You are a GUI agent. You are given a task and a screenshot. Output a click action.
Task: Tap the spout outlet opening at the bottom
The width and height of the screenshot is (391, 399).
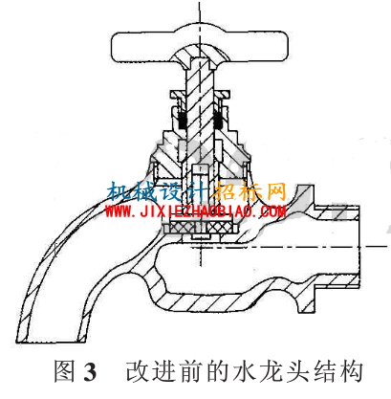point(52,341)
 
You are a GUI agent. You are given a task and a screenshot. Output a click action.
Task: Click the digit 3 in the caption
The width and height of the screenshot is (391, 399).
point(90,372)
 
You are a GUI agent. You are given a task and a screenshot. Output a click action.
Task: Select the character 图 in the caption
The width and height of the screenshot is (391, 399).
point(65,371)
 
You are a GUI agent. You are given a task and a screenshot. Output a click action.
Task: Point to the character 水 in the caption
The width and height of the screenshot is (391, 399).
point(246,371)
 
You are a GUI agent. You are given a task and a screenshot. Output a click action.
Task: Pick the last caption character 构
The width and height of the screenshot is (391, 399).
point(351,371)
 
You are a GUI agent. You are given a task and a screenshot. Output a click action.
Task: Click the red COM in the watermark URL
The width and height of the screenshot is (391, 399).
point(273,211)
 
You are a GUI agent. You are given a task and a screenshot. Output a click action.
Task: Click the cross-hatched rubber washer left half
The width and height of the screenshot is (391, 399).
point(178,228)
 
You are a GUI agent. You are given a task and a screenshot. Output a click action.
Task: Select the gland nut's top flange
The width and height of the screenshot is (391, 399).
point(200,95)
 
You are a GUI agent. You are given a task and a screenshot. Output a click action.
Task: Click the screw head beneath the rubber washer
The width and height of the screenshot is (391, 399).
point(201,236)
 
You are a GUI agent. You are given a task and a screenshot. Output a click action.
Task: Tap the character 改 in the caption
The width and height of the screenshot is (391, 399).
point(138,371)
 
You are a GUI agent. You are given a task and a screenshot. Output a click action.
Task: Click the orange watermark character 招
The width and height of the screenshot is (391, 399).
point(225,191)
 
